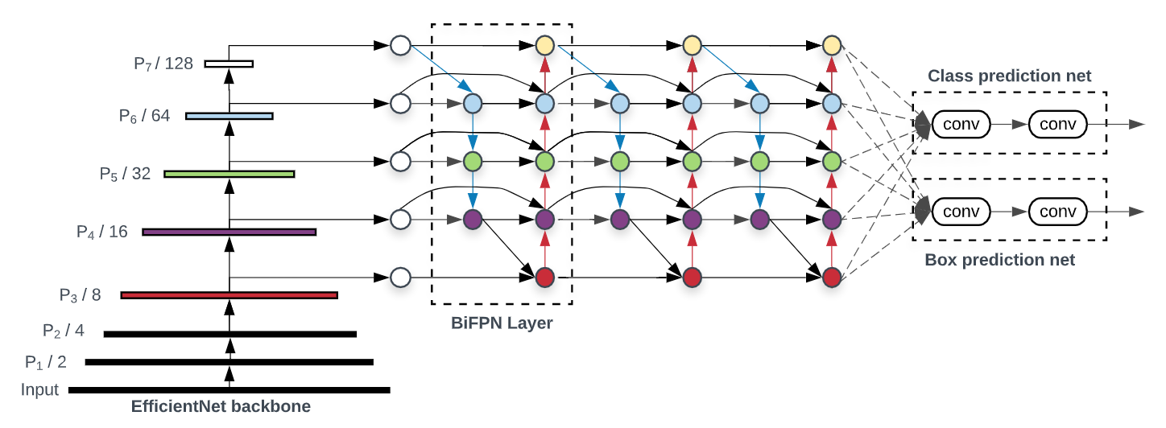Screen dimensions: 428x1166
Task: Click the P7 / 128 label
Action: [x=163, y=64]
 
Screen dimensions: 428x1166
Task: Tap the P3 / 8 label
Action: [x=80, y=295]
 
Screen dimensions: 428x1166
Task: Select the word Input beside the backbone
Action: [x=40, y=390]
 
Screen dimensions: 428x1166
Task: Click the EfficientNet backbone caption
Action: [x=221, y=407]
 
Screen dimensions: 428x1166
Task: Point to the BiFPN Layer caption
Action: [x=502, y=323]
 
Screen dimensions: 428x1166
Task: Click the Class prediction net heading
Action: [x=1010, y=76]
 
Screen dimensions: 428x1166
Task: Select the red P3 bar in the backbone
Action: [x=229, y=295]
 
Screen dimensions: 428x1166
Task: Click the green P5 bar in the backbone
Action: [x=229, y=174]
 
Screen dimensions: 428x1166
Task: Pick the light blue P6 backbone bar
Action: [x=229, y=116]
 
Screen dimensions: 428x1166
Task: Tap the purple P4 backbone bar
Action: [x=229, y=232]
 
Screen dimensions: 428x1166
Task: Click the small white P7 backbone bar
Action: [x=229, y=64]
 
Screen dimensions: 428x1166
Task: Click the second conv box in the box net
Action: [x=1057, y=211]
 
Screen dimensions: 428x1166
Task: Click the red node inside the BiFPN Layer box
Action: [x=545, y=278]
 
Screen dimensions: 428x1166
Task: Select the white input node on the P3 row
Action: [x=400, y=278]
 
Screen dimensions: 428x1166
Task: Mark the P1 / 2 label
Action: [x=46, y=362]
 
